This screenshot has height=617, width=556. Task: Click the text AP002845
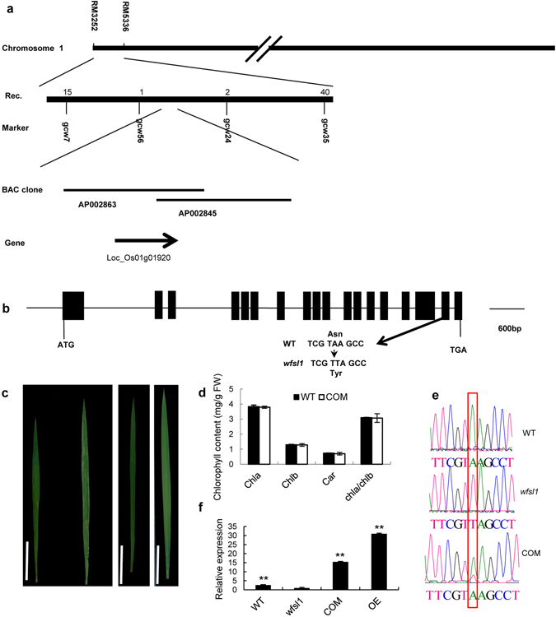(x=202, y=211)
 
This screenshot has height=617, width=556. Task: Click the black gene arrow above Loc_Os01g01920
(x=147, y=240)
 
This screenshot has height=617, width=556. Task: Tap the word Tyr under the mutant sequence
(x=334, y=372)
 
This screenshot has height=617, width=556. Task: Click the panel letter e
(x=434, y=393)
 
